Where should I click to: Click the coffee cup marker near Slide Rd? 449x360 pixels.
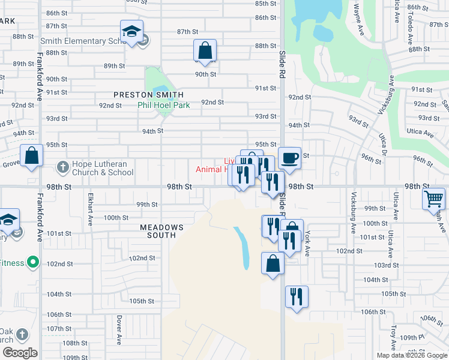(289, 158)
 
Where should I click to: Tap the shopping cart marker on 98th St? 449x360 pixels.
(433, 199)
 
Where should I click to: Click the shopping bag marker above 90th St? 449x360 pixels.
(205, 50)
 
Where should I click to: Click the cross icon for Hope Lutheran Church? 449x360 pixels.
(63, 166)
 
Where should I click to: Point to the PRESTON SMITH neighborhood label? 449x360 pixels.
(149, 95)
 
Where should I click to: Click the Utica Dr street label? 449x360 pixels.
(382, 144)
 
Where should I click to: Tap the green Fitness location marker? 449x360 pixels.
(34, 262)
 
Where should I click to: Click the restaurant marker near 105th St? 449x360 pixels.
(297, 296)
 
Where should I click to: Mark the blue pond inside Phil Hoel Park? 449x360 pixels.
(160, 92)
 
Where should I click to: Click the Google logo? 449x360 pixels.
(20, 353)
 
